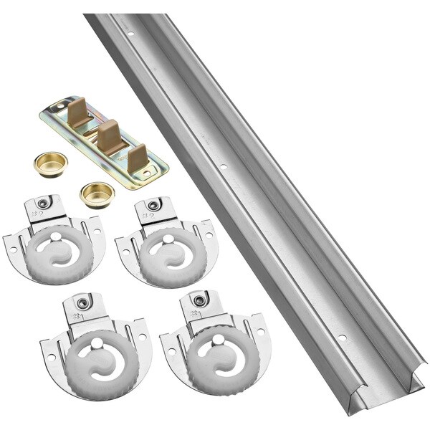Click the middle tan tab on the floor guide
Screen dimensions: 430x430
pos(107,134)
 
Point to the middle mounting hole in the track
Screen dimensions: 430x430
pos(223,169)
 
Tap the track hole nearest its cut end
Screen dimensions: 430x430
pos(341,337)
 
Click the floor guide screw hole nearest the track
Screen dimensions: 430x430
pos(159,171)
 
